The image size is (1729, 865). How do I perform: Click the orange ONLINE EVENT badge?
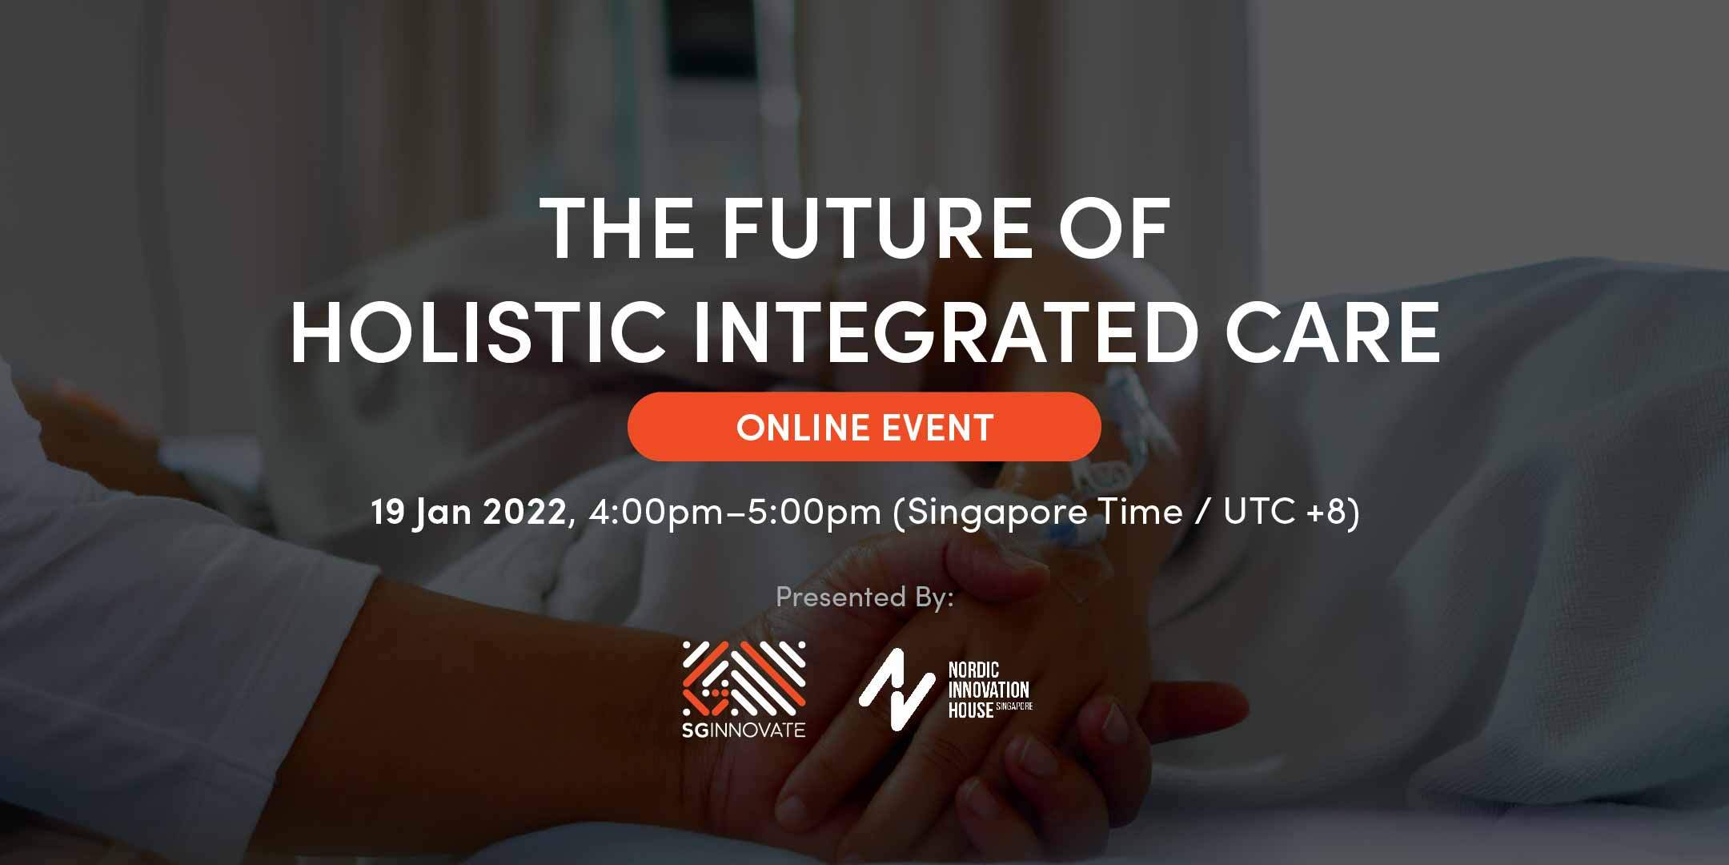[864, 427]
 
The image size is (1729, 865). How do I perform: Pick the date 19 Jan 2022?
[469, 513]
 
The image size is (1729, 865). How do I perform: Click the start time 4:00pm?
[654, 513]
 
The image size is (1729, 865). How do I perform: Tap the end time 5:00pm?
[814, 513]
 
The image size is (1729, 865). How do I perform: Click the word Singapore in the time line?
[990, 513]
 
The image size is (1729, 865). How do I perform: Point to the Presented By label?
[864, 597]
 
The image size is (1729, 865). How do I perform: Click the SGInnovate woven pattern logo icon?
[744, 678]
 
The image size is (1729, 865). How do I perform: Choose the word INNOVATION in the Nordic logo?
[989, 690]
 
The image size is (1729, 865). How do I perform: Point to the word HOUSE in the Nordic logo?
[970, 710]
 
